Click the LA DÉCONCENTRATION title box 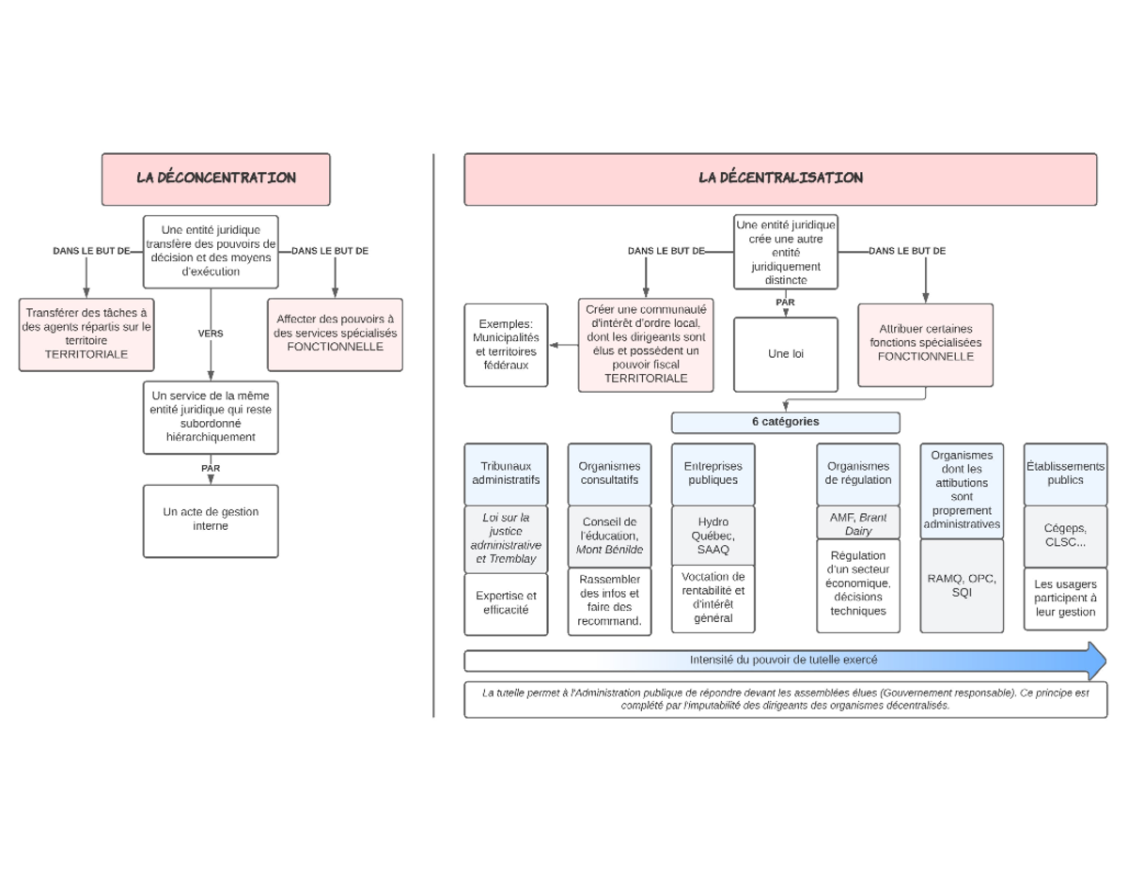click(215, 179)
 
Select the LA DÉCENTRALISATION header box click(780, 179)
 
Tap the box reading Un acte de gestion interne click(211, 521)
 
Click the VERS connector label click(211, 334)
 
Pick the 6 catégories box click(786, 422)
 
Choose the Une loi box click(786, 354)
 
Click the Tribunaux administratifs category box click(506, 474)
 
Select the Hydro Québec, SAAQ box click(713, 536)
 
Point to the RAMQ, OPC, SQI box click(962, 585)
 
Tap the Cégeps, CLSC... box click(1065, 537)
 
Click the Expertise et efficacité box click(506, 604)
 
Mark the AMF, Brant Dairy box click(858, 523)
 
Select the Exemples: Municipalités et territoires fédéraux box click(506, 345)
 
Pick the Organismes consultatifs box click(609, 474)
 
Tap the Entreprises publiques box click(713, 474)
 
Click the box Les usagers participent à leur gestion click(1065, 599)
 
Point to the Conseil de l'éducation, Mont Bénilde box click(609, 537)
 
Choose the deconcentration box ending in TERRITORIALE click(86, 334)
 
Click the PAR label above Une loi click(785, 302)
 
